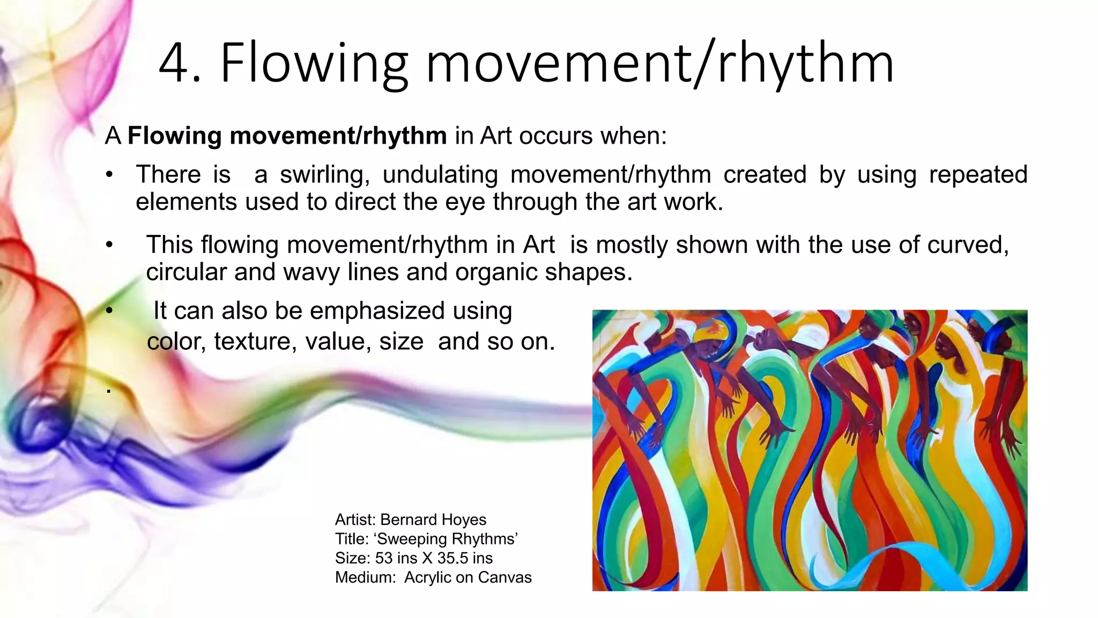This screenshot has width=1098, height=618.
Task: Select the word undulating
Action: [440, 175]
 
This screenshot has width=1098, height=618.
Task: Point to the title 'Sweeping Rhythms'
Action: [448, 539]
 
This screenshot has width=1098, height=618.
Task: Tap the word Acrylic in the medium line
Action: [427, 577]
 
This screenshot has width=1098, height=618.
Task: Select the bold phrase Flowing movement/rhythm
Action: [287, 136]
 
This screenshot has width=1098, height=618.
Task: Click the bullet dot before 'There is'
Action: [109, 175]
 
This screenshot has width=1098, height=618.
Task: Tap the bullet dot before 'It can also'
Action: [109, 311]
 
